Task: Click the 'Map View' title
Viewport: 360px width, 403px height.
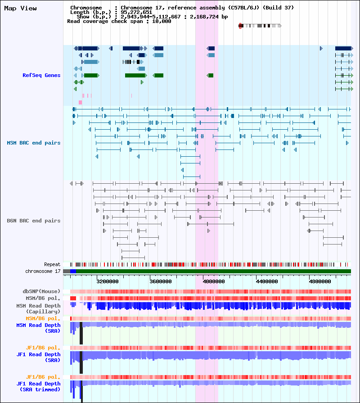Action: [20, 8]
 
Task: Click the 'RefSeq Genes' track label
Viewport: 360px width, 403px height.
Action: [41, 75]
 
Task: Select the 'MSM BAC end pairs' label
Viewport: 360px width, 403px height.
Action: [34, 143]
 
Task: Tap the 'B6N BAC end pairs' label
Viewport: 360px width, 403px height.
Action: [34, 221]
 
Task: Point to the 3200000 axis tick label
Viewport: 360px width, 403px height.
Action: [108, 281]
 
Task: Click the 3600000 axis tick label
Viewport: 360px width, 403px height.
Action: [161, 281]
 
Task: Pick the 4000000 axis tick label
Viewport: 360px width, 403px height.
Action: [214, 281]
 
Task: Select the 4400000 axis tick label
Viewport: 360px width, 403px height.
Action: [267, 281]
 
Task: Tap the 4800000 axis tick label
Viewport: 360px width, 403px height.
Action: [319, 281]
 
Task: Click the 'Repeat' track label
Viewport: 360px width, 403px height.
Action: [52, 264]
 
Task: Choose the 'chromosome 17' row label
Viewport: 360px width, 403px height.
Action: [43, 272]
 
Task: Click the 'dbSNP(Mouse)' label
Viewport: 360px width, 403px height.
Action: [41, 291]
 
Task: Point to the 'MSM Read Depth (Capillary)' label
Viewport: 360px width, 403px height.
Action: [39, 309]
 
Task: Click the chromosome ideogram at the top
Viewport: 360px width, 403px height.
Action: [260, 26]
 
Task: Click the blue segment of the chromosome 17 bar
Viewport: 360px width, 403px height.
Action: [73, 271]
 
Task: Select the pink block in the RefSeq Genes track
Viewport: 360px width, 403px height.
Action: [81, 102]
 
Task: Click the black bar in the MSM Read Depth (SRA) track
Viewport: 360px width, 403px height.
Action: [81, 333]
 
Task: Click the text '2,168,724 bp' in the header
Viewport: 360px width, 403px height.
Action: [209, 17]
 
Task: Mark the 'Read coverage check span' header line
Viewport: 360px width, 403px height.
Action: [119, 21]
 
